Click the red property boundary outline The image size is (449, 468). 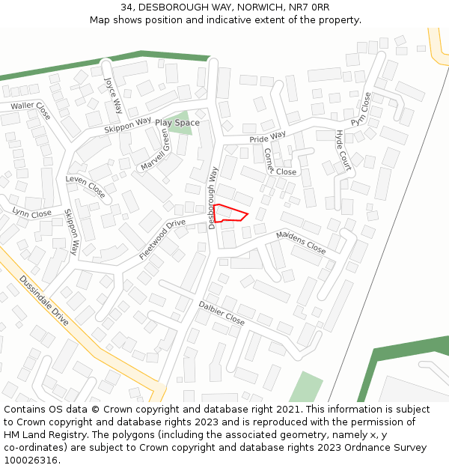230,213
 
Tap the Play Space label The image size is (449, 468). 177,123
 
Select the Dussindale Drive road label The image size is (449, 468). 44,301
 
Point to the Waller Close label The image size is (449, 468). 30,109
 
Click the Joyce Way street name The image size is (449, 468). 112,94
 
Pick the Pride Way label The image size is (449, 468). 268,137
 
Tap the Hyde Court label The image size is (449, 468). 343,150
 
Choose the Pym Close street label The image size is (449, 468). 361,109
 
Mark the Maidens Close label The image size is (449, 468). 301,242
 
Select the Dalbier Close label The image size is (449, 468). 222,312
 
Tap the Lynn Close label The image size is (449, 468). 32,213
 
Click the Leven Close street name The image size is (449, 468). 85,186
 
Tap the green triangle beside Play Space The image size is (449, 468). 180,127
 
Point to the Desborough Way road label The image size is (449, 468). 213,197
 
